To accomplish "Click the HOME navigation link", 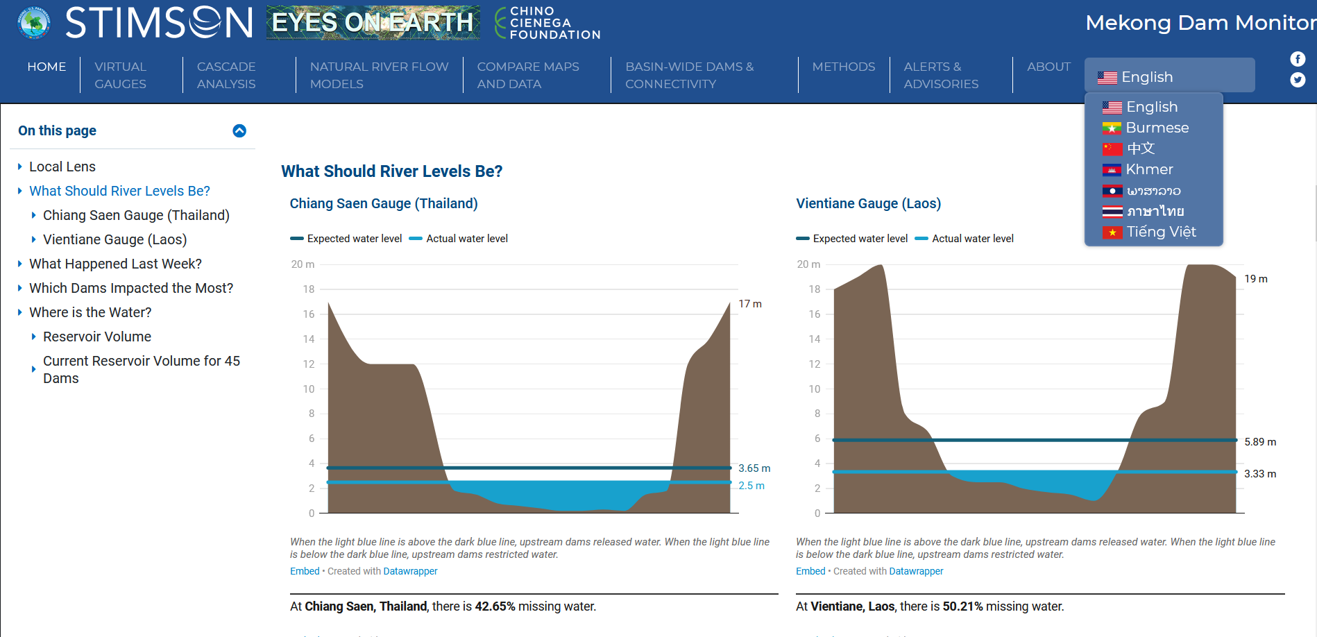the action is point(46,67).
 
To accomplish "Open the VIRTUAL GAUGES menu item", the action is point(121,75).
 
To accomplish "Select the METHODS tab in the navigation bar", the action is point(844,67).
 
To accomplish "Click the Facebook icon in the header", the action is point(1298,59).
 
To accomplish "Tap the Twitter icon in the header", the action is point(1298,80).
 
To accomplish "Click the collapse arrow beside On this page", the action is point(239,130).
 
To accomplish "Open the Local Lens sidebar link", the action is point(62,167).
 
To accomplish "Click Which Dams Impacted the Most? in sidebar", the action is point(131,288).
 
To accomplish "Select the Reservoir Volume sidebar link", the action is point(97,337).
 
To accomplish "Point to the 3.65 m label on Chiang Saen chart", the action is point(754,468).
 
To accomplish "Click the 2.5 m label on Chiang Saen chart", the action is point(751,486).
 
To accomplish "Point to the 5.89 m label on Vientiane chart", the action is point(1260,442).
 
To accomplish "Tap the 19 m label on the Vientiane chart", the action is point(1256,279).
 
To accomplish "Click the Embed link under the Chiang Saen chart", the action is point(305,571).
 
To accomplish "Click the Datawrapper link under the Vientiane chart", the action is point(916,571).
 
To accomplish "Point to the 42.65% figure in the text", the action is point(495,606).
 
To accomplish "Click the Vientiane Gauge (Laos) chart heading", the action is point(869,203).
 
